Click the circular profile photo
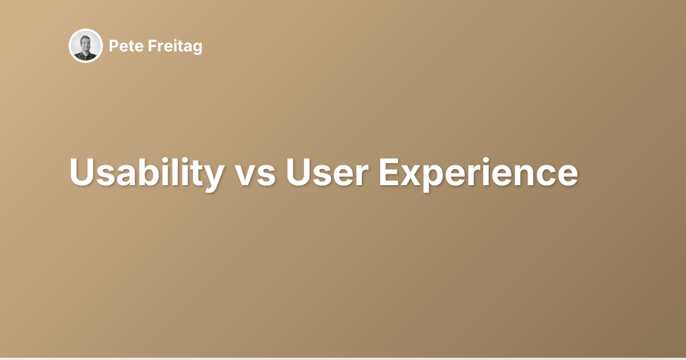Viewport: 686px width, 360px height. (86, 46)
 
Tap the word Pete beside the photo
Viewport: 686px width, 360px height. (122, 46)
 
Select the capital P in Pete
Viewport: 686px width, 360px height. (113, 46)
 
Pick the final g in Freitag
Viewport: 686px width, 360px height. (197, 49)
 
